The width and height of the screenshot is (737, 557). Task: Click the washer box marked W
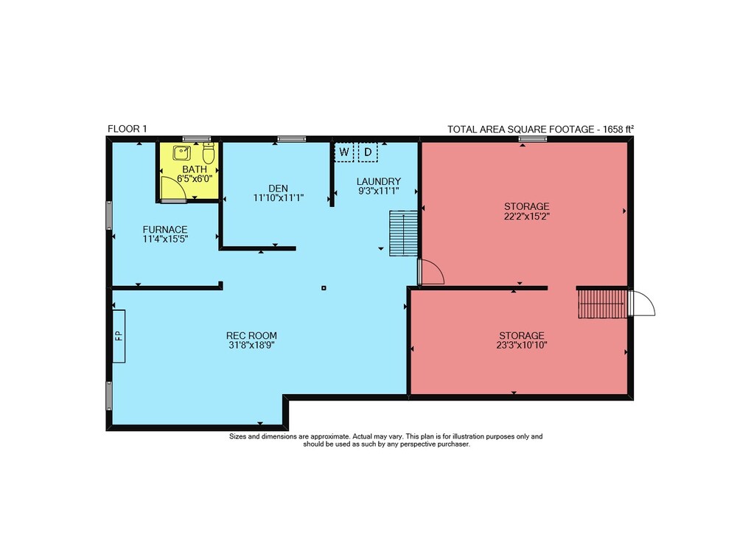tap(344, 152)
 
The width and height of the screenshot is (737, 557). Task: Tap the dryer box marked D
tap(368, 152)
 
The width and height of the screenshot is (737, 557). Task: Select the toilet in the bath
tap(209, 153)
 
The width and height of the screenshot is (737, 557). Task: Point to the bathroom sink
tap(181, 153)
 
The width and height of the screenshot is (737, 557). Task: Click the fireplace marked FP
tap(119, 336)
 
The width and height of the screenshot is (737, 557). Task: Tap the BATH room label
tap(195, 169)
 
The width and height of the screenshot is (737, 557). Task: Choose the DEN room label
tap(279, 189)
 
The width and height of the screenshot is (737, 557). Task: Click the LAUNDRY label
tap(378, 181)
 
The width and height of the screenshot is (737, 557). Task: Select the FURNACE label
tap(165, 229)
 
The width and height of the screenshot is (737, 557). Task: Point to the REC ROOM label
tap(251, 336)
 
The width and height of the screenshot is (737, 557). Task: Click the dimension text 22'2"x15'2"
tap(526, 216)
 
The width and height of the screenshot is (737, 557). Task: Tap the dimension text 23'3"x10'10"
tap(522, 346)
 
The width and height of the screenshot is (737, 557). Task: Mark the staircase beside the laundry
tap(403, 233)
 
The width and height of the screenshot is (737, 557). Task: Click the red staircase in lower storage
tap(603, 304)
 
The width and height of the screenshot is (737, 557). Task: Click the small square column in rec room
tap(324, 288)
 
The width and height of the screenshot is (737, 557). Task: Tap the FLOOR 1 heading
tap(128, 129)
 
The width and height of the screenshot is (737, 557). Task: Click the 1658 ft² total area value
tap(618, 129)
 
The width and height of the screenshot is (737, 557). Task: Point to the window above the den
tap(291, 139)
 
